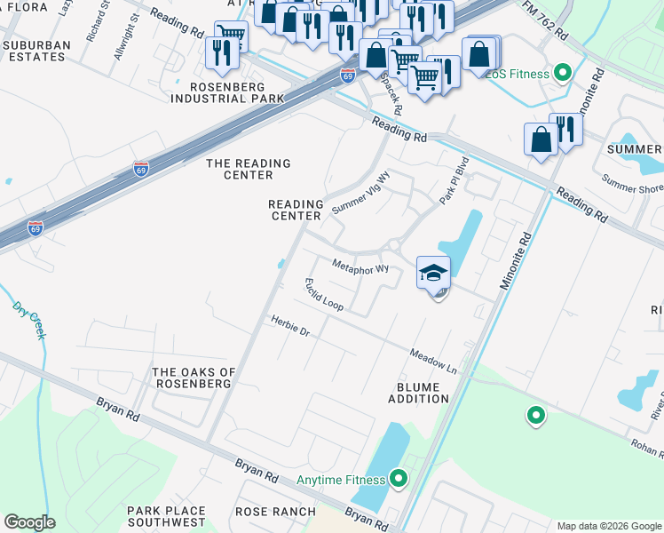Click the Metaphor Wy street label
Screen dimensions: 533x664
pos(360,266)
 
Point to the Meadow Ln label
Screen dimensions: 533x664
pos(432,360)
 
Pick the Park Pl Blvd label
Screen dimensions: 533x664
pos(454,182)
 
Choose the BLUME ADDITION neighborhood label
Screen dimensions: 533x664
pos(418,392)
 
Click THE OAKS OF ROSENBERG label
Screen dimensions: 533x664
pos(194,378)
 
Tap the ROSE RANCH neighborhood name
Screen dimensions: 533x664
pos(275,512)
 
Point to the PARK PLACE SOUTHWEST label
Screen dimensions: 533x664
pos(166,517)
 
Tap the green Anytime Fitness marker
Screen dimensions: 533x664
pos(398,480)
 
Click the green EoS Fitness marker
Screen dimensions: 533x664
pos(561,74)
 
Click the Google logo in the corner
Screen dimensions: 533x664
pos(29,521)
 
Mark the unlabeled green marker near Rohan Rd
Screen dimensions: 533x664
pos(535,415)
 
